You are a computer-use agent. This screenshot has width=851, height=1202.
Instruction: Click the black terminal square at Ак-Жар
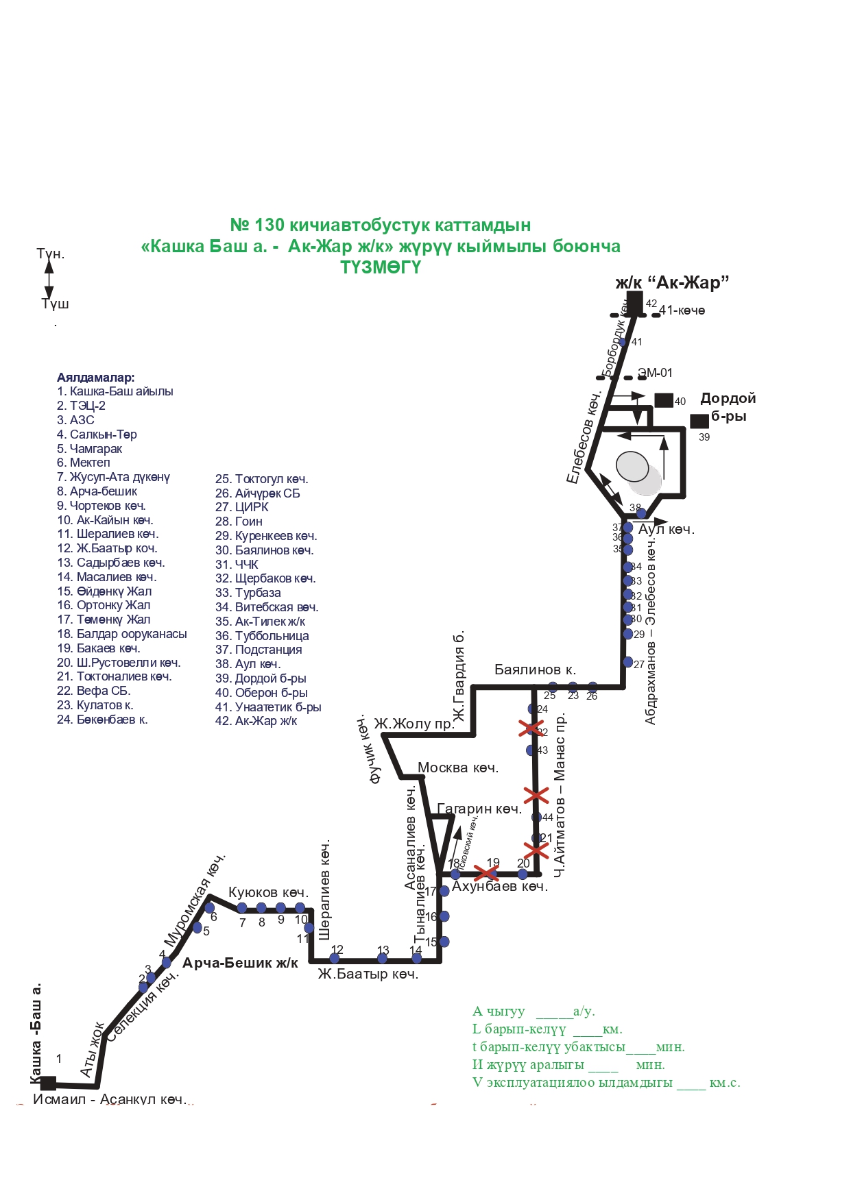pyautogui.click(x=634, y=302)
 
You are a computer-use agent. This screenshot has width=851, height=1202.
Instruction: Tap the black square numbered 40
pyautogui.click(x=663, y=400)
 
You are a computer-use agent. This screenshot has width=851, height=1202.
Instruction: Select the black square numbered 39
pyautogui.click(x=699, y=421)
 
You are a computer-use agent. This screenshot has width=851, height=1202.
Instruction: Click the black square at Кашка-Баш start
pyautogui.click(x=48, y=1083)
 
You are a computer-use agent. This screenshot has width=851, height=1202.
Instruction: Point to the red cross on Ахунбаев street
pyautogui.click(x=486, y=873)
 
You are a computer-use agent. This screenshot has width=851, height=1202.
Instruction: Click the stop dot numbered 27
pyautogui.click(x=627, y=662)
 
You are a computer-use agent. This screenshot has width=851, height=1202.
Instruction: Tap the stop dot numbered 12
pyautogui.click(x=337, y=957)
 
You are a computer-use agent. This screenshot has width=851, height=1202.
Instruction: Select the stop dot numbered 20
pyautogui.click(x=523, y=874)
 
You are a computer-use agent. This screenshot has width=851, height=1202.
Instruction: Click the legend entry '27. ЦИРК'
pyautogui.click(x=242, y=507)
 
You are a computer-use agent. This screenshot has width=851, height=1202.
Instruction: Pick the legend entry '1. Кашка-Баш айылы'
pyautogui.click(x=115, y=391)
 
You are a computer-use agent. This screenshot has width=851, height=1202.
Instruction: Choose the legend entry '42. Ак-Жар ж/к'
pyautogui.click(x=256, y=721)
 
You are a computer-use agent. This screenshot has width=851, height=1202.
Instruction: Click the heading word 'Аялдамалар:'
pyautogui.click(x=96, y=378)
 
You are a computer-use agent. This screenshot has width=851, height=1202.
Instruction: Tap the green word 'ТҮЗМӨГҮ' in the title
pyautogui.click(x=381, y=267)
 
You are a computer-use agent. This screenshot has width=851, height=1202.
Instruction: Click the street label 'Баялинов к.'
pyautogui.click(x=535, y=670)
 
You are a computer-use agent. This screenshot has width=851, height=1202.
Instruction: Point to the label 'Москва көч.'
pyautogui.click(x=457, y=768)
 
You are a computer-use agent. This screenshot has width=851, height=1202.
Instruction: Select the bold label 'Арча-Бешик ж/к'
pyautogui.click(x=240, y=964)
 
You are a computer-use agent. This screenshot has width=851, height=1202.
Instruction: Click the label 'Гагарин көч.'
pyautogui.click(x=479, y=809)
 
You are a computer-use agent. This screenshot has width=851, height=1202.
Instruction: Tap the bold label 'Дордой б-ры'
pyautogui.click(x=728, y=407)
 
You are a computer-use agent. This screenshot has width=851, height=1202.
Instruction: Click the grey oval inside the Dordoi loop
pyautogui.click(x=632, y=466)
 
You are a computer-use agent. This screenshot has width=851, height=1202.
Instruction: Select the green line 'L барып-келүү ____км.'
pyautogui.click(x=547, y=1029)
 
